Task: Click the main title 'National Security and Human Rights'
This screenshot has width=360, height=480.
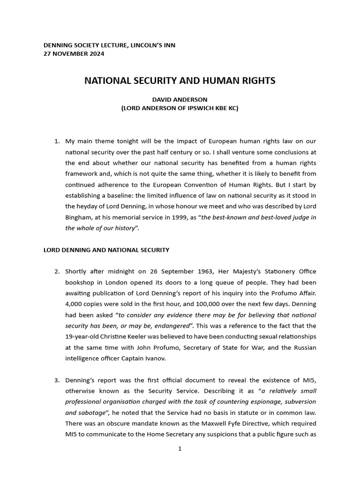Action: point(180,81)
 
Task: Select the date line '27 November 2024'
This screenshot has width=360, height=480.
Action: point(74,53)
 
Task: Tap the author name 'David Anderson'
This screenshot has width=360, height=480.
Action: point(180,99)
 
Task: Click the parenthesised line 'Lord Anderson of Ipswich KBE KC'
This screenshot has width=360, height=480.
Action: point(180,108)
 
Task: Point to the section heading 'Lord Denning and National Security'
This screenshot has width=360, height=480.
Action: point(106,250)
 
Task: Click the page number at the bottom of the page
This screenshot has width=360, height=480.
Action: point(180,449)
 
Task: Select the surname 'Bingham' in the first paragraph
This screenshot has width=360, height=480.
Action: point(78,217)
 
